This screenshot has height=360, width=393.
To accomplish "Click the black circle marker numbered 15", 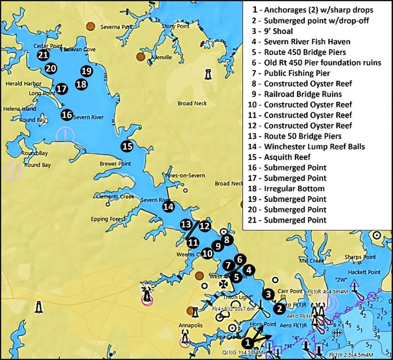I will [x=127, y=146].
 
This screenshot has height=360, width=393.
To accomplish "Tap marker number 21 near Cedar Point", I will [x=43, y=55].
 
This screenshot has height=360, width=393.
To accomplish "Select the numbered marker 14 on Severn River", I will [x=168, y=207].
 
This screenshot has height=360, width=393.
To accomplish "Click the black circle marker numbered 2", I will [x=279, y=308].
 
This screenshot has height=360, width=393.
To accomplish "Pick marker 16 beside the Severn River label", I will [x=67, y=115].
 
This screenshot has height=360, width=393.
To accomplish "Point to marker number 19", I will [x=86, y=71].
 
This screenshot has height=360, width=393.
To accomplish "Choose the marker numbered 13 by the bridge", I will [x=185, y=224].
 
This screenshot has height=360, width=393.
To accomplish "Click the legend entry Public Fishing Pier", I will [x=293, y=73].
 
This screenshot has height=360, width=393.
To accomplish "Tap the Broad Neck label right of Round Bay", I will [x=192, y=104].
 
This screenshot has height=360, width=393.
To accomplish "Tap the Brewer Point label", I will [x=113, y=164].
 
